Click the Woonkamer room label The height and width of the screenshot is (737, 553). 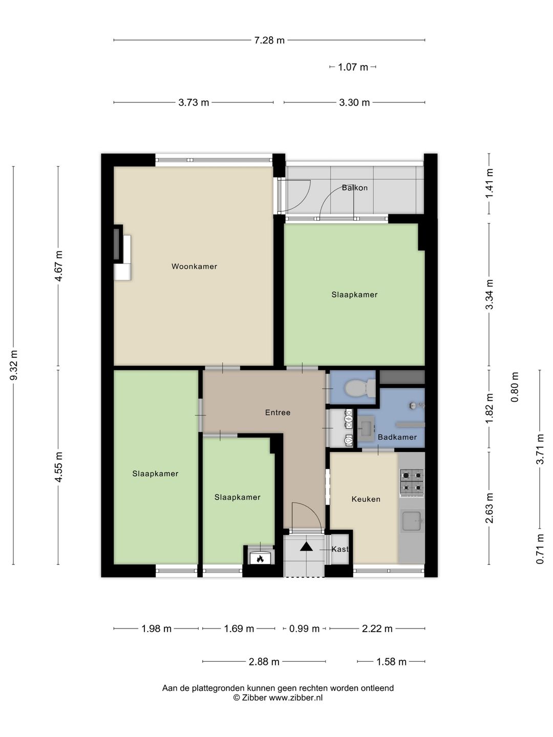coord(194,266)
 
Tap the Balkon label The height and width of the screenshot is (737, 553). coord(354,188)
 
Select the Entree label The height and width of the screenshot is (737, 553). coord(278,413)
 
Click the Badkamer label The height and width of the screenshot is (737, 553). coord(397,437)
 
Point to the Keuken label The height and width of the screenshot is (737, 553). coord(366,499)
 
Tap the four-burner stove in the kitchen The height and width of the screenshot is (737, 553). coord(412,483)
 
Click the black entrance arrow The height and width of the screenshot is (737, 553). coord(306,547)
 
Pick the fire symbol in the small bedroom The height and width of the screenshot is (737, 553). coord(260,558)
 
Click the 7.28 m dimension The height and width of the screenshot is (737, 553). coord(269,40)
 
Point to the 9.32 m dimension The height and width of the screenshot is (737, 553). coord(14,365)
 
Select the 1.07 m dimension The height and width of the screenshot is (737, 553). coord(353,67)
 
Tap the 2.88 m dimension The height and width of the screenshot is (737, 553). coord(264,662)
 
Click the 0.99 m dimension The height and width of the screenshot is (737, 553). coord(304,628)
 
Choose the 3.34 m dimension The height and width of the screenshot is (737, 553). coord(490,294)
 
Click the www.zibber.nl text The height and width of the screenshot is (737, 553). coord(295,697)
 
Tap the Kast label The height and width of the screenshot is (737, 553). coord(339,549)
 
